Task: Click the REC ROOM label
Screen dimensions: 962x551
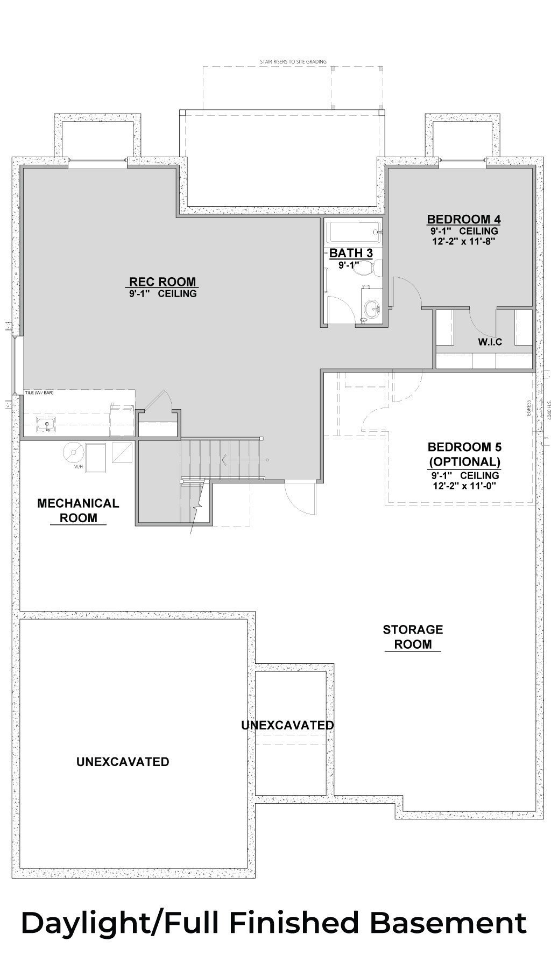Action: tap(163, 282)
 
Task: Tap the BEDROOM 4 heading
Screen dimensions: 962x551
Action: tap(464, 220)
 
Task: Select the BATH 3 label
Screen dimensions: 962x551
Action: tap(351, 253)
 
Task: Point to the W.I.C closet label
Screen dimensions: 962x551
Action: tap(490, 342)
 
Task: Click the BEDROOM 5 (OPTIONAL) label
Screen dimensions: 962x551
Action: tap(464, 454)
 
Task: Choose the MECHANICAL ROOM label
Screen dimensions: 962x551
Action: tap(78, 510)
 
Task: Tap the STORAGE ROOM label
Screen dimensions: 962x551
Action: tap(413, 637)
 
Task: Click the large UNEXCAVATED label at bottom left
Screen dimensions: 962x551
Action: tap(123, 762)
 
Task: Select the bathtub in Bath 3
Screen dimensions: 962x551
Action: tap(354, 233)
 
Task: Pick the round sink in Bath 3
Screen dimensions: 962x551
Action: tap(371, 308)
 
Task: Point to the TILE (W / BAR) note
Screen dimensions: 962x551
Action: tap(39, 393)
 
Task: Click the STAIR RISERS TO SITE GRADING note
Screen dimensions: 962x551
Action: tap(293, 62)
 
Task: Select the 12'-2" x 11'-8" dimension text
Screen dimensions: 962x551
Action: tap(463, 242)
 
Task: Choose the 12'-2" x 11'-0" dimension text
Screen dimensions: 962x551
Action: tap(464, 486)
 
